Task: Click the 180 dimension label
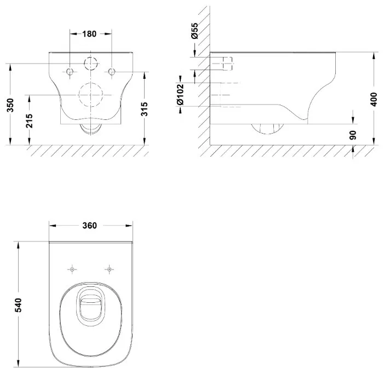pos(89,34)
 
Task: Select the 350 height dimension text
pos(10,105)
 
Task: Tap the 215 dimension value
pos(30,120)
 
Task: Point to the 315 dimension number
pos(145,109)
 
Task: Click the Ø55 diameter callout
pos(194,31)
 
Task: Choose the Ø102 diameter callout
pos(180,95)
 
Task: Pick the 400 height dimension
pos(374,99)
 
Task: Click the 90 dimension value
pos(353,135)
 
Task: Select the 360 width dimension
pos(90,226)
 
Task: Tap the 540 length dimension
pos(19,305)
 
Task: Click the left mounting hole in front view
pos(70,72)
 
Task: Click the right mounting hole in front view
pos(112,72)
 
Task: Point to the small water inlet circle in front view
pos(91,64)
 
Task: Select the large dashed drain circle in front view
pos(91,95)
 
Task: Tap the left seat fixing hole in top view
pos(72,269)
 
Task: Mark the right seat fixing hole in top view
pos(109,269)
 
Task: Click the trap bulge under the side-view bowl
pos(267,129)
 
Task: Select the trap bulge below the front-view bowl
pos(91,129)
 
